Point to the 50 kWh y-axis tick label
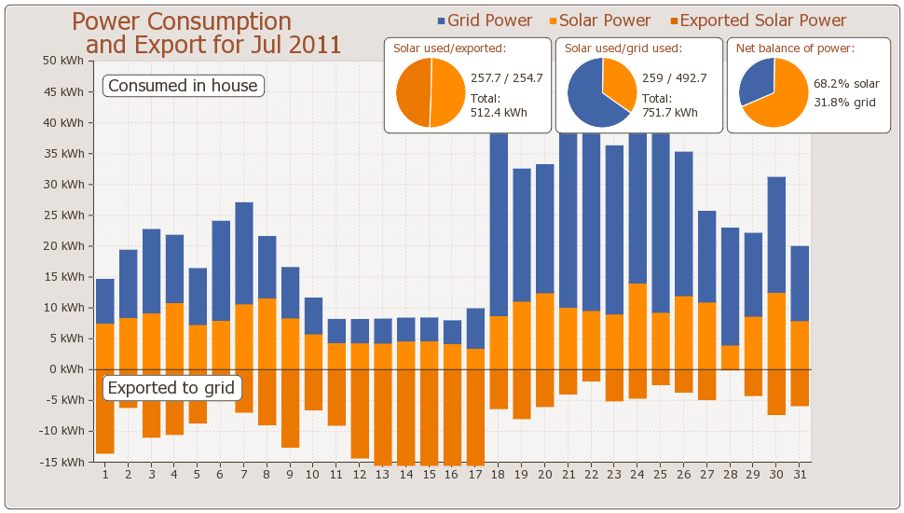point(63,61)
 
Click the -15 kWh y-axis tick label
point(62,462)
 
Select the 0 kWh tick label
point(69,369)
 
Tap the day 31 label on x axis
point(800,475)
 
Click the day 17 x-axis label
point(475,475)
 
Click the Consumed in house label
point(183,86)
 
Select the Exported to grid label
point(172,388)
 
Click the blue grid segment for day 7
point(244,253)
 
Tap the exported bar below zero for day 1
point(105,411)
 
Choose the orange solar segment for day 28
point(731,357)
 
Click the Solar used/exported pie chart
point(430,92)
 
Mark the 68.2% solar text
point(846,84)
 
